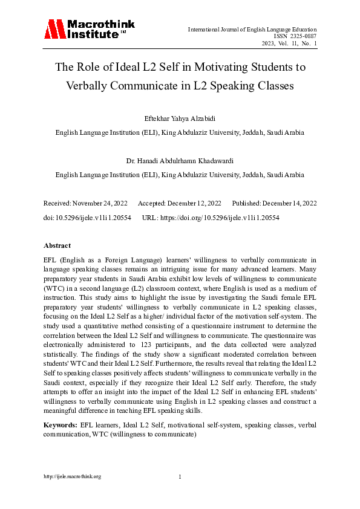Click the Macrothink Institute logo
tap(89, 30)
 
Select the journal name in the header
tap(252, 29)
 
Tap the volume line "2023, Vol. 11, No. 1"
tap(289, 44)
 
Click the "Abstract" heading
tap(57, 246)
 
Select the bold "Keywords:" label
tap(60, 426)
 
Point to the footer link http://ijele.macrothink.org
tap(72, 476)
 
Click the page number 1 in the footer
tap(180, 476)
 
